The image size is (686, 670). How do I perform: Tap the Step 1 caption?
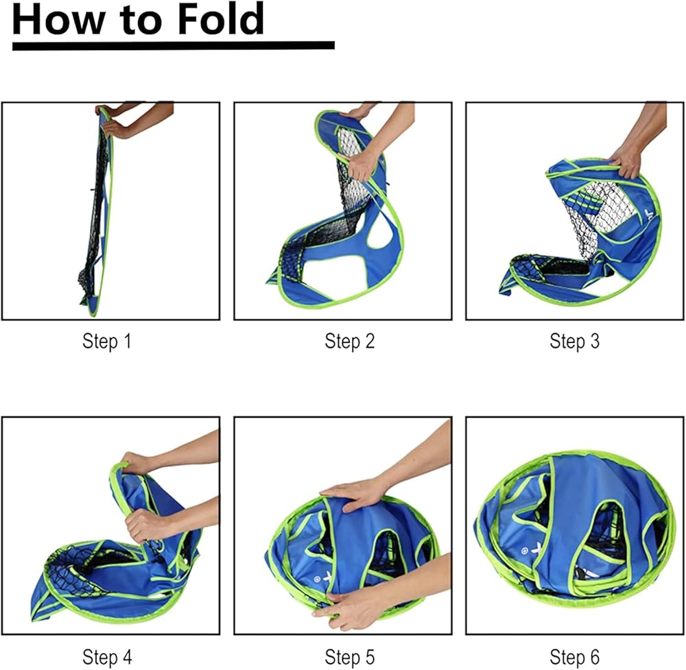click(107, 341)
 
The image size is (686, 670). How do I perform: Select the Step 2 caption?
click(350, 341)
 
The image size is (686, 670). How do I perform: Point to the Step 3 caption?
click(574, 341)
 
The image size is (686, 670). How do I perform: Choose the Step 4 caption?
click(107, 657)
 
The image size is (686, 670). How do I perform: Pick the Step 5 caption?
click(350, 657)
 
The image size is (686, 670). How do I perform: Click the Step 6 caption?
click(574, 657)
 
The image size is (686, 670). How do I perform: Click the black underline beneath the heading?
click(174, 45)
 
